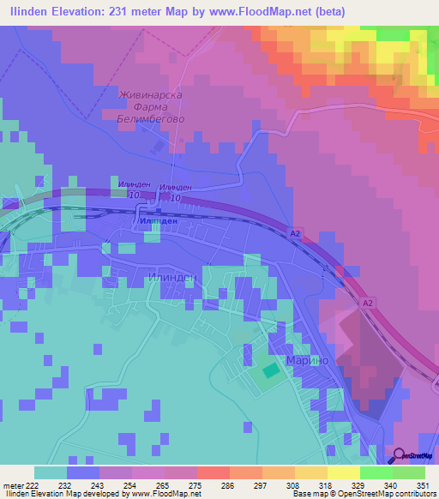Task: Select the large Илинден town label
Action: tap(172, 278)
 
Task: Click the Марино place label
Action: tap(309, 360)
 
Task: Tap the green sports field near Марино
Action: tap(269, 370)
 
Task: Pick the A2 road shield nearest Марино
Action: tap(366, 304)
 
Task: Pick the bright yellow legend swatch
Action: tap(344, 472)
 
